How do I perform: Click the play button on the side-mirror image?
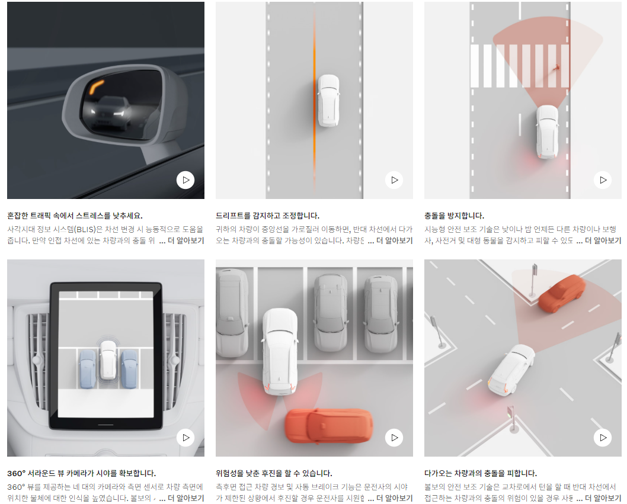185,180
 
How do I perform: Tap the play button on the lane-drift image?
394,180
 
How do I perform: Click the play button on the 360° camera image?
185,438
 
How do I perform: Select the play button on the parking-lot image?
394,438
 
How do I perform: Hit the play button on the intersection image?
603,438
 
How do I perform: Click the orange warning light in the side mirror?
97,86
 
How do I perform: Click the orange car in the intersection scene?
562,293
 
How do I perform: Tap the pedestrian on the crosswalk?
556,68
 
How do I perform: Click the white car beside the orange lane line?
329,101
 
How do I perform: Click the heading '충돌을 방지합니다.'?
455,216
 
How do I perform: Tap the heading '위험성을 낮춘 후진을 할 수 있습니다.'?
274,473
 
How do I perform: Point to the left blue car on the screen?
88,369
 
